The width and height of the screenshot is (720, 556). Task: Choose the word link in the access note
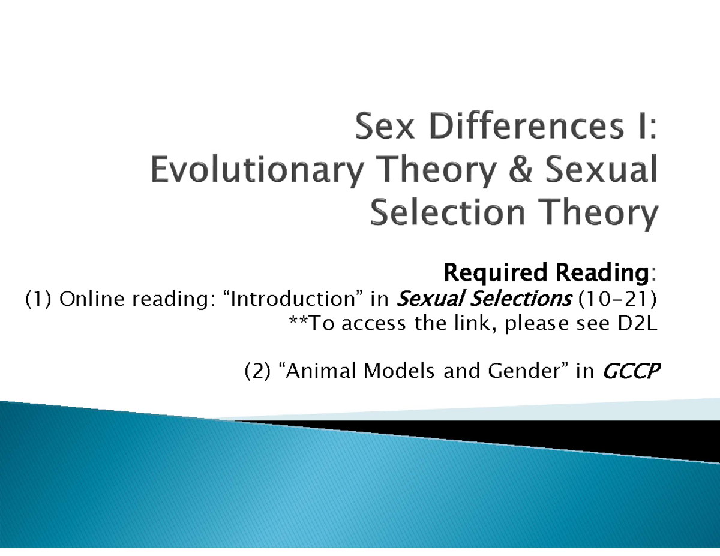484,324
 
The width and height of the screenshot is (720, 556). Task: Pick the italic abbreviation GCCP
629,372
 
